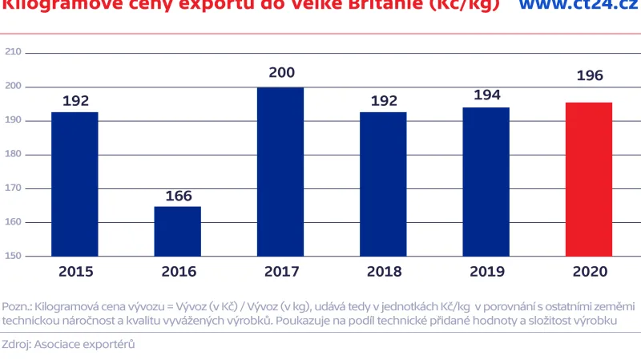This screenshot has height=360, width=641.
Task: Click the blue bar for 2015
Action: pyautogui.click(x=75, y=184)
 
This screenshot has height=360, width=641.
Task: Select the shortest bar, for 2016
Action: pyautogui.click(x=178, y=231)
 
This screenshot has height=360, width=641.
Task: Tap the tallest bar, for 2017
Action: pyautogui.click(x=280, y=172)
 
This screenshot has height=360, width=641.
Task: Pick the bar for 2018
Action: pyautogui.click(x=383, y=184)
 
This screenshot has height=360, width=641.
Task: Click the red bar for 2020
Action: pyautogui.click(x=589, y=179)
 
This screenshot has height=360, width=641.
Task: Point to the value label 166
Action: pyautogui.click(x=178, y=196)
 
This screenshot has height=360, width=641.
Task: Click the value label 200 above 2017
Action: pyautogui.click(x=281, y=73)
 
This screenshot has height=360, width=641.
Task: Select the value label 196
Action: pyautogui.click(x=589, y=76)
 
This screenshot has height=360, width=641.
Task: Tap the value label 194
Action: pyautogui.click(x=486, y=95)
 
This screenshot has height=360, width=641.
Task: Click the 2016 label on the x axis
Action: pyautogui.click(x=178, y=272)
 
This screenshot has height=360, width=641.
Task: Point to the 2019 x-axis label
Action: pyautogui.click(x=486, y=272)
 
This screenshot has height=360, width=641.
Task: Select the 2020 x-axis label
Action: pyautogui.click(x=590, y=272)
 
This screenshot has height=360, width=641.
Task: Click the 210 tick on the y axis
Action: pyautogui.click(x=13, y=52)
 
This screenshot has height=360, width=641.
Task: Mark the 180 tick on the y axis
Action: pyautogui.click(x=13, y=154)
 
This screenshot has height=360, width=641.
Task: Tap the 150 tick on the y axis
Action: pyautogui.click(x=13, y=257)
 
